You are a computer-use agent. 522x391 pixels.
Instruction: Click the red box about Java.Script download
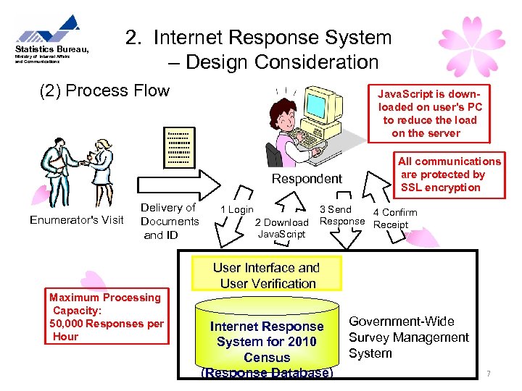(x=430, y=114)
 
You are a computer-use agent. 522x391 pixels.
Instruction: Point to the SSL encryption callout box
(x=449, y=175)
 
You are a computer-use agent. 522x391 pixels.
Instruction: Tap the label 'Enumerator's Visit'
(x=77, y=220)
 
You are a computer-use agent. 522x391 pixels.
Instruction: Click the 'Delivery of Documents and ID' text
(x=169, y=222)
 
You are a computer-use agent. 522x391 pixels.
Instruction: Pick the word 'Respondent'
(x=307, y=179)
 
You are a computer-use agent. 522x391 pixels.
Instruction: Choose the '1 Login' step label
(x=237, y=210)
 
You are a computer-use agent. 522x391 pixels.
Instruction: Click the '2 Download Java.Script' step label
(x=281, y=228)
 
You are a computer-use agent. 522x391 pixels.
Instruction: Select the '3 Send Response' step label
(x=341, y=215)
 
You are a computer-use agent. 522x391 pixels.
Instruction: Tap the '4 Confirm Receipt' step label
(x=394, y=219)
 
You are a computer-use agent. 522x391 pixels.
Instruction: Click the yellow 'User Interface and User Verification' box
(x=265, y=275)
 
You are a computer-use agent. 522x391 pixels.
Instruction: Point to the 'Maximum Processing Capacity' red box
(x=107, y=317)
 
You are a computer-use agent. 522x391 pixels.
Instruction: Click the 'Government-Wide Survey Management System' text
(x=409, y=337)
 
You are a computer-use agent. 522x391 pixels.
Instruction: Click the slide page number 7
(x=489, y=374)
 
